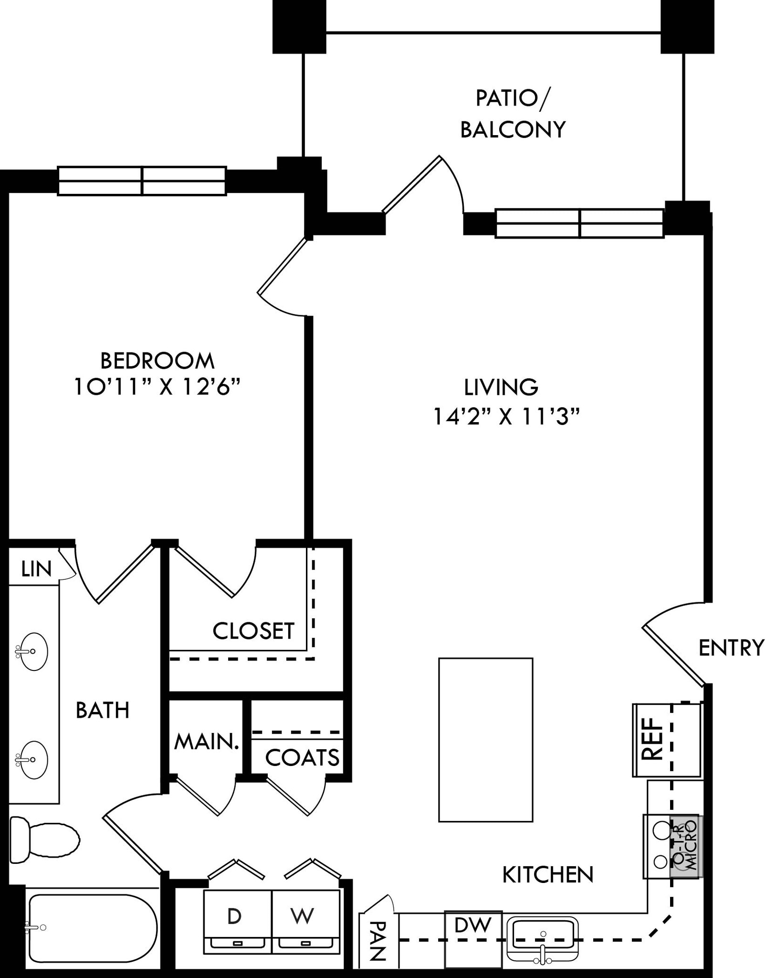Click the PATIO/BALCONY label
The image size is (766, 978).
pos(513,114)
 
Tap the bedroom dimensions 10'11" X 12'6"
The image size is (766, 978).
pos(157,387)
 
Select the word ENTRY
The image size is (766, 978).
pos(732,648)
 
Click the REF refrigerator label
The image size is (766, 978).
pos(653,739)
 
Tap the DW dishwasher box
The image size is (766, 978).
pos(473,939)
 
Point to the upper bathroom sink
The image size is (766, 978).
pos(32,651)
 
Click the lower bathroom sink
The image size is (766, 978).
pos(32,760)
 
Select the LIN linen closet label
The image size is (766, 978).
pos(37,569)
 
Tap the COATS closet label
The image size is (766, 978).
pos(302,757)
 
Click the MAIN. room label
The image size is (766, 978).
pos(207,742)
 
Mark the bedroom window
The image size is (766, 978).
pos(142,181)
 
